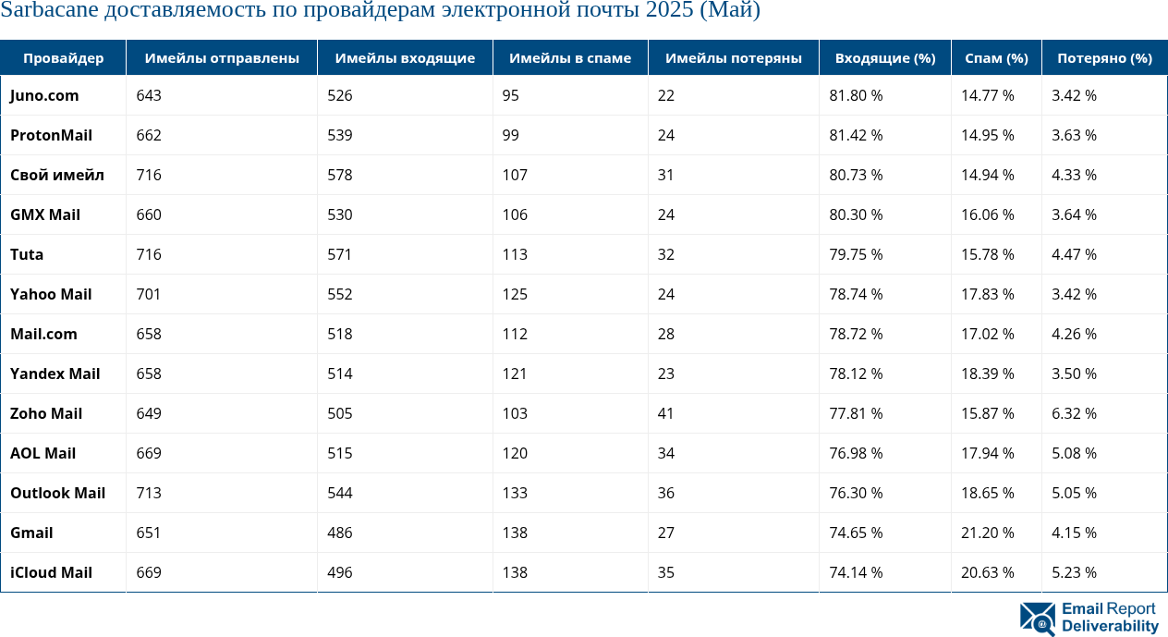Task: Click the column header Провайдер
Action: [x=63, y=58]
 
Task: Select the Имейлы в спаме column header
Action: [x=570, y=58]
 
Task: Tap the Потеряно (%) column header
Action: [x=1104, y=58]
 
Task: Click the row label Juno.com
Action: [x=44, y=95]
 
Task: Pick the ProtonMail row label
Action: [x=51, y=135]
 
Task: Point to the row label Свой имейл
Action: [x=56, y=175]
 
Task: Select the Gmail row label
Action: [x=31, y=533]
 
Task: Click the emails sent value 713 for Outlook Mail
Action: [x=149, y=493]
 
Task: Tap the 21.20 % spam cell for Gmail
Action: [x=987, y=533]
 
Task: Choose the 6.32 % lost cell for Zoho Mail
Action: [x=1074, y=413]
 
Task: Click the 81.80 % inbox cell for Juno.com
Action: [x=856, y=95]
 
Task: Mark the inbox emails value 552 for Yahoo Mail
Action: [x=340, y=294]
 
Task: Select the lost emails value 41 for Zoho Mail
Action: [x=666, y=413]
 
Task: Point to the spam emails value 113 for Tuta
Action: [x=516, y=254]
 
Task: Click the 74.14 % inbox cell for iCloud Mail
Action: [x=856, y=572]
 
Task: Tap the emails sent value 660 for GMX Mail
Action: [x=149, y=214]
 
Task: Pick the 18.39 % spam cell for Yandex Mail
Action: [x=987, y=374]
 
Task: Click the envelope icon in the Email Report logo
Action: [x=1037, y=619]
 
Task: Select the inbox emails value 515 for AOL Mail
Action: [x=340, y=453]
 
